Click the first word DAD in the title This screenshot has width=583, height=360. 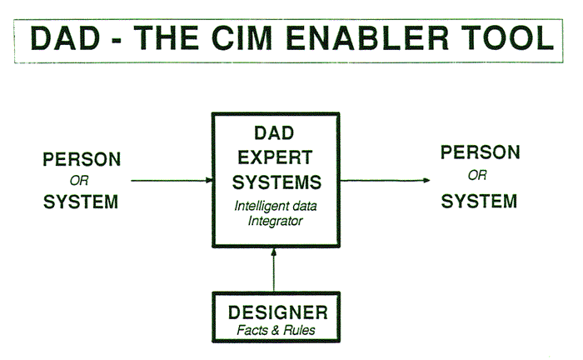tap(66, 38)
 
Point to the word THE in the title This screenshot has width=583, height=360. tap(167, 38)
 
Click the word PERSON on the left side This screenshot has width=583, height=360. tap(82, 159)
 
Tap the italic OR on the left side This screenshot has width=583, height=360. tap(79, 181)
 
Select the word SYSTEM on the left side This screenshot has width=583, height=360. tap(81, 202)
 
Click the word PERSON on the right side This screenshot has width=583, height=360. tap(481, 152)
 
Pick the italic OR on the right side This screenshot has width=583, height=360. tap(477, 175)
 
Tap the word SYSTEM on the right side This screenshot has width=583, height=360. tap(479, 201)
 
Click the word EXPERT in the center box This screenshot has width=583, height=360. tap(275, 157)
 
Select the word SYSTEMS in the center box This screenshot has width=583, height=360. tap(277, 182)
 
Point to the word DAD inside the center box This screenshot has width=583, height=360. tap(274, 133)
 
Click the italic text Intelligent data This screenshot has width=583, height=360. tap(276, 206)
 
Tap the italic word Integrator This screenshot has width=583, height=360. tap(275, 222)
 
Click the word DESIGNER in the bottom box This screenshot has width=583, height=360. tap(278, 312)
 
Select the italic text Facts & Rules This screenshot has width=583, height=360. tap(276, 330)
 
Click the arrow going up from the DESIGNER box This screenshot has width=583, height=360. tap(274, 270)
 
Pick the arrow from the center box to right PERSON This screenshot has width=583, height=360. tap(385, 180)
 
